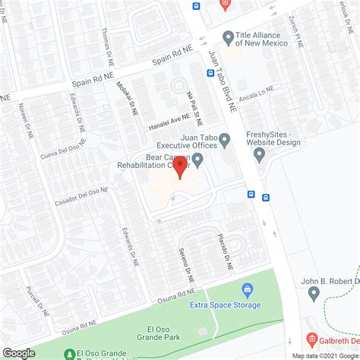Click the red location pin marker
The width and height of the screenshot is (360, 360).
[179, 166]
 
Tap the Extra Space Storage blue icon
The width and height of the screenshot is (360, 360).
[247, 289]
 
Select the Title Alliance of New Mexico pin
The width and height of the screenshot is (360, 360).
[227, 36]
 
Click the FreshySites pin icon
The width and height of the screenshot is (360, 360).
[259, 155]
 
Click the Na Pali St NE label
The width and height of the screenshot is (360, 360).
[194, 106]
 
